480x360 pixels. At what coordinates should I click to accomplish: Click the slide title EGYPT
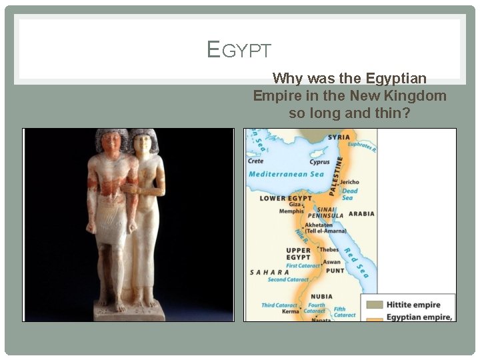pyautogui.click(x=239, y=50)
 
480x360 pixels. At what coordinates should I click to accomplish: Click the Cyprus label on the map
pyautogui.click(x=319, y=162)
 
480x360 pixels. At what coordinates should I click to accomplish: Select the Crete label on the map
pyautogui.click(x=256, y=161)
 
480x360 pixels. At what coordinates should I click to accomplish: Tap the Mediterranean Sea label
pyautogui.click(x=286, y=174)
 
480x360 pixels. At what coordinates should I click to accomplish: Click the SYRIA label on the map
pyautogui.click(x=339, y=137)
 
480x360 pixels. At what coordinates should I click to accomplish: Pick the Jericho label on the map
pyautogui.click(x=349, y=182)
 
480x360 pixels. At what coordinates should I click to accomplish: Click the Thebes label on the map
pyautogui.click(x=330, y=249)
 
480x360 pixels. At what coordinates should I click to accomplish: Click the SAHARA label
pyautogui.click(x=269, y=272)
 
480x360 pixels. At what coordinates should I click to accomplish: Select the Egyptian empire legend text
pyautogui.click(x=418, y=317)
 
